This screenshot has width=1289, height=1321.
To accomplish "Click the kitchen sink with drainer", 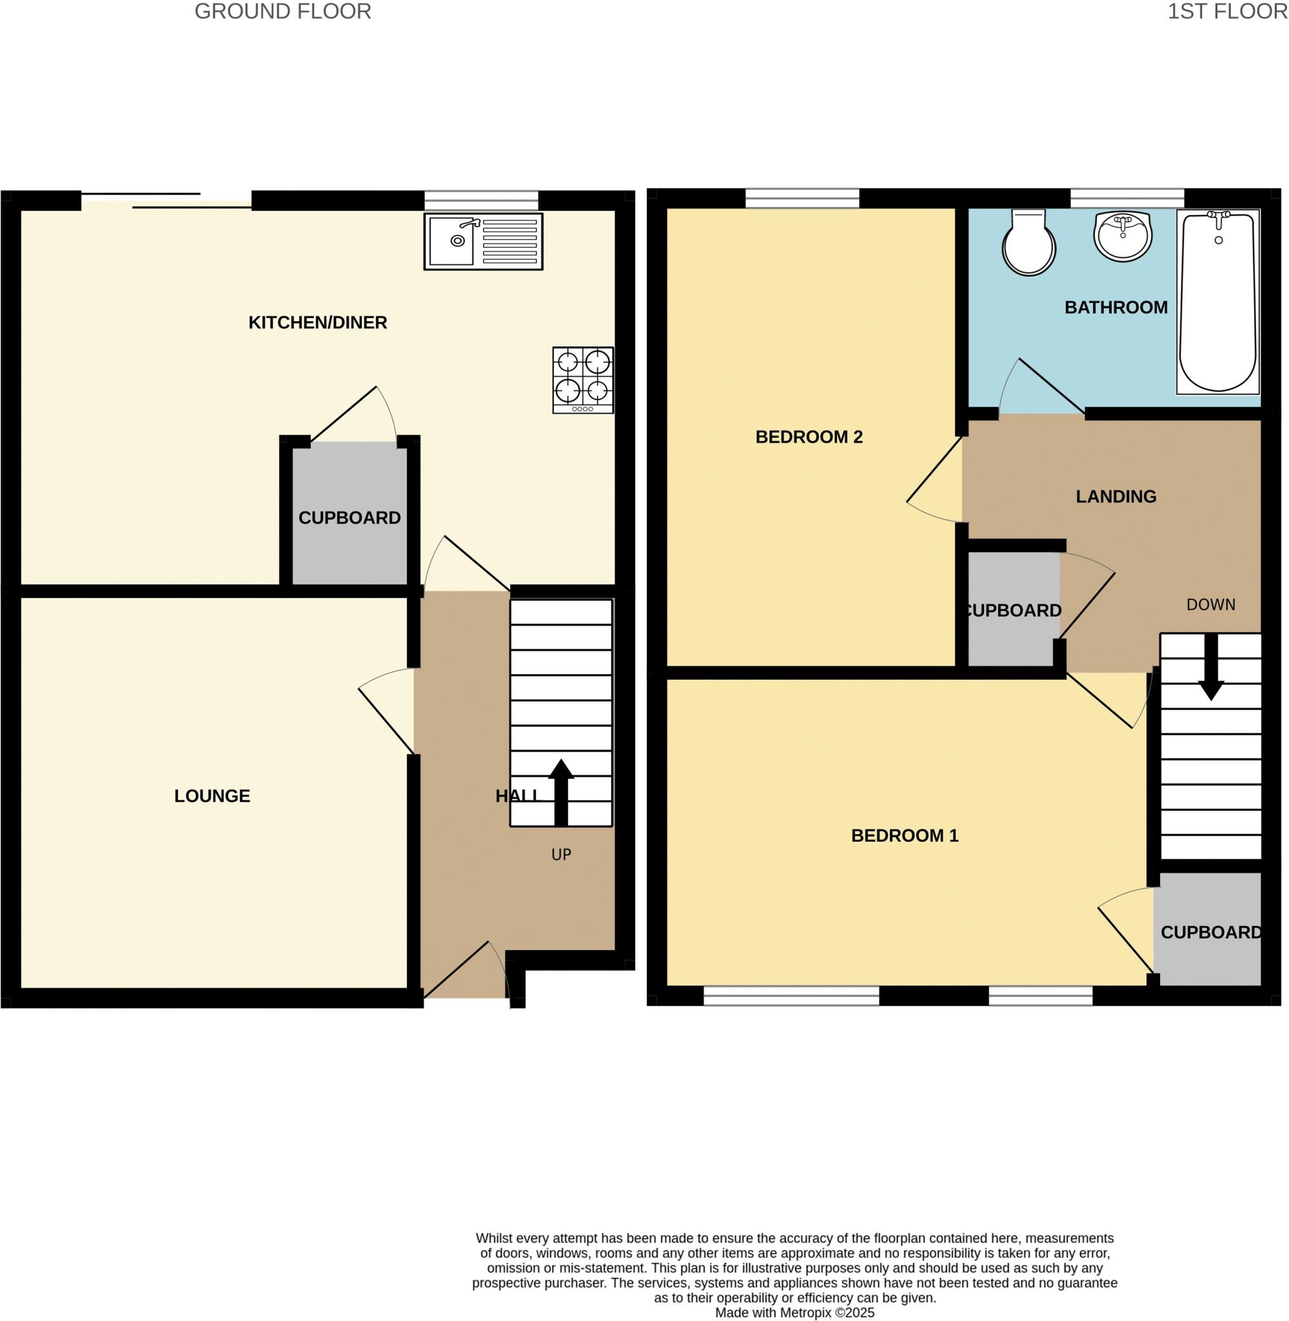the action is pos(484,242).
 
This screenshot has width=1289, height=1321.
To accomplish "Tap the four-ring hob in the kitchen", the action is pos(583,380).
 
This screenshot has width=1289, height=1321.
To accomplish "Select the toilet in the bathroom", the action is pos(1029,242).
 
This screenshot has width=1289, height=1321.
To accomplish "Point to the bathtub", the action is pos(1218,301).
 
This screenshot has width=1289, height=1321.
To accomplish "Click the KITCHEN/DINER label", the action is pos(317,323).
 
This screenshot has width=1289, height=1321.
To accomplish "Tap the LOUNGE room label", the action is pos(212,795).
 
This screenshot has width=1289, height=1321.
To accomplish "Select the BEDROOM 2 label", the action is pos(809,437).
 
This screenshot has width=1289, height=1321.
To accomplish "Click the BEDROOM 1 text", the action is pos(905,835).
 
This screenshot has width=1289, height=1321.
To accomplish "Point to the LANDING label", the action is pos(1116,496).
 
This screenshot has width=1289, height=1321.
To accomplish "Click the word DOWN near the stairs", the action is pos(1210,604).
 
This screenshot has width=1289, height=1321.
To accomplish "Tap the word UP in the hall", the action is pos(561,855).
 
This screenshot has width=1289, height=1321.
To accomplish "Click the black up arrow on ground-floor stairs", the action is pos(561,793).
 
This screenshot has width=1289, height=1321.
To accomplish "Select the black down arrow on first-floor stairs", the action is pos(1211,667).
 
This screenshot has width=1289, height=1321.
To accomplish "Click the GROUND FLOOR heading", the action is pos(283,12).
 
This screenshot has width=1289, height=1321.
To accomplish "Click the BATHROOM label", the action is pos(1116,308).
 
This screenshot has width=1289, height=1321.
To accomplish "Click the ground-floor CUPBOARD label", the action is pos(349,517).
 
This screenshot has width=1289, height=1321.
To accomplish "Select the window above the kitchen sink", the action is pos(481,201).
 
